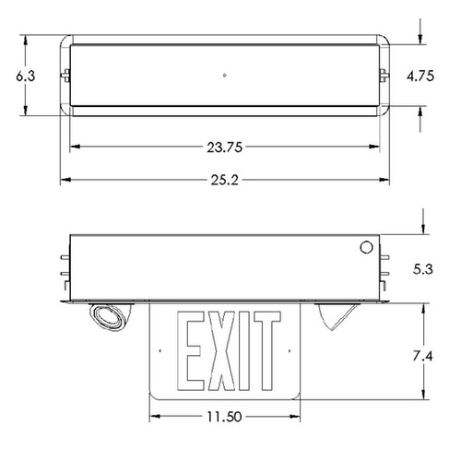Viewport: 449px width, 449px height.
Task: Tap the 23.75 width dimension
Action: [x=224, y=147]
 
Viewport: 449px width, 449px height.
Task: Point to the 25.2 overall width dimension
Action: [x=224, y=179]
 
